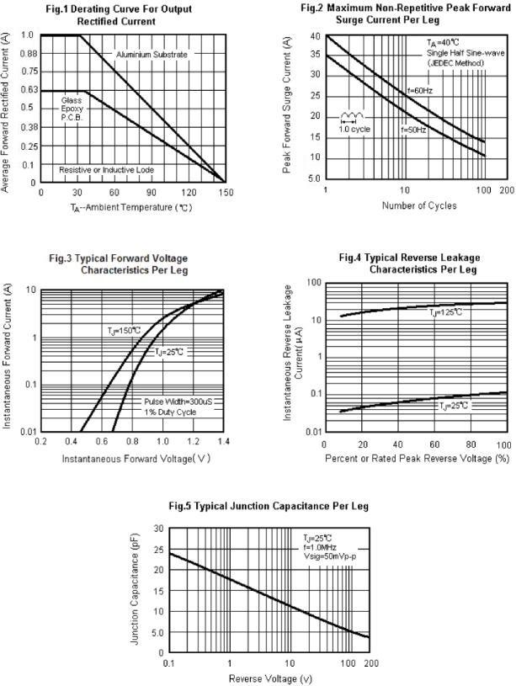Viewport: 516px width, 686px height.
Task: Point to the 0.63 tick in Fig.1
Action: pos(27,89)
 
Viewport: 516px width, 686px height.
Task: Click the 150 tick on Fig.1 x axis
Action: pos(225,193)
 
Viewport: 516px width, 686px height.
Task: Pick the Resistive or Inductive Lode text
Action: pos(106,170)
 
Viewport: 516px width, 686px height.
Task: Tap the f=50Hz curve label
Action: pos(414,130)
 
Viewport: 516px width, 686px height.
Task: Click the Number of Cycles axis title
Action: pos(418,205)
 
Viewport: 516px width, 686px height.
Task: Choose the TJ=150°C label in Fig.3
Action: pos(124,330)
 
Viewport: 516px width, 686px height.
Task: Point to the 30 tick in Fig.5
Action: pos(157,529)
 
